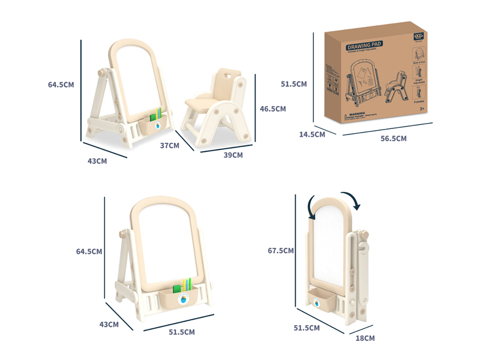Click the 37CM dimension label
(x=169, y=145)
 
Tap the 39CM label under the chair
(x=233, y=155)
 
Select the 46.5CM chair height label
(x=272, y=109)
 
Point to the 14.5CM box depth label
(x=312, y=134)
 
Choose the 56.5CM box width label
(x=394, y=139)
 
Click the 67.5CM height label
(x=281, y=250)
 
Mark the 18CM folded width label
(x=365, y=338)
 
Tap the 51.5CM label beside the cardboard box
(x=294, y=84)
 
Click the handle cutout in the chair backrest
(x=227, y=76)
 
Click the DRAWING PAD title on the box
(x=364, y=45)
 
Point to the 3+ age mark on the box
(x=421, y=108)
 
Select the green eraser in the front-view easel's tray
(x=178, y=289)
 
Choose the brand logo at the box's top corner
(x=418, y=36)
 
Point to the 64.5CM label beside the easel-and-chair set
(x=61, y=85)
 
